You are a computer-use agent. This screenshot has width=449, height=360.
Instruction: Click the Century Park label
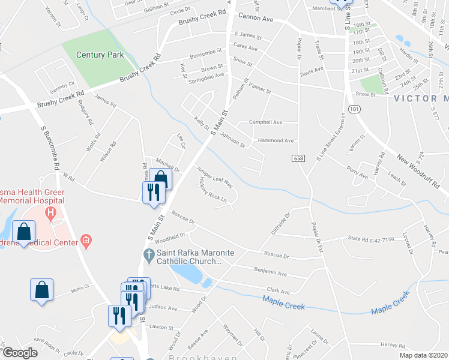point(100,55)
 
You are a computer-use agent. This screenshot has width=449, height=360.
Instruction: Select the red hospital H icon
point(51,212)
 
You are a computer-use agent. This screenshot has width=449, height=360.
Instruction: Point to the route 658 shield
point(298,158)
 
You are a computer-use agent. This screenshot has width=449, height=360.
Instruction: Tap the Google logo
point(20,352)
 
